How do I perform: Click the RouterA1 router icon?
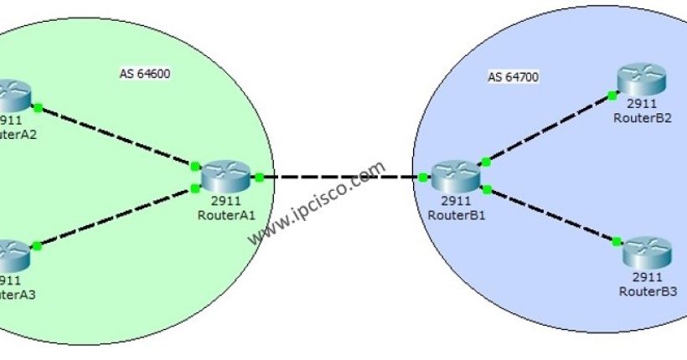(226, 175)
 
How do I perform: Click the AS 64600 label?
(145, 74)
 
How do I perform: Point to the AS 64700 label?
(513, 78)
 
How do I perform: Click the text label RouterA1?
(227, 214)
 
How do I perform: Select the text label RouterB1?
(456, 214)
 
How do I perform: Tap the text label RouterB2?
(643, 118)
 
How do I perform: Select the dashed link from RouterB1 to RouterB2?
(547, 127)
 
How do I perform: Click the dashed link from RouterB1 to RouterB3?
(551, 216)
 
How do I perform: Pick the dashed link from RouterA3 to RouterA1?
(116, 217)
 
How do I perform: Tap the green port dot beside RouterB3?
(616, 242)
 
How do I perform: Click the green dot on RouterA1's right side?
(260, 177)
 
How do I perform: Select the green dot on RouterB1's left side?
(423, 177)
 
